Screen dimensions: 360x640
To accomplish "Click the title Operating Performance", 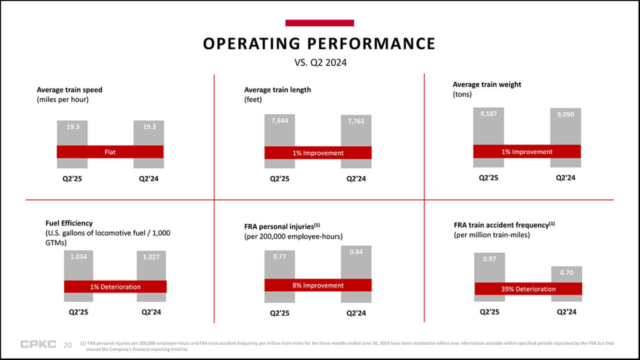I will point(319,44).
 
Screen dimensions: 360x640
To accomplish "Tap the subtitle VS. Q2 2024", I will point(320,62).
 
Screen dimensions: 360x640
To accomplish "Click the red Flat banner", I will point(110,152).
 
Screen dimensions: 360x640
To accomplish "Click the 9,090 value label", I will point(565,114).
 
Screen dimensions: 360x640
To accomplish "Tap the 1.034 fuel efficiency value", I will point(79,256).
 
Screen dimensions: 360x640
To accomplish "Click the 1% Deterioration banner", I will point(116,287).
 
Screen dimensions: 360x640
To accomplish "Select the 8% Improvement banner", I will point(318,286).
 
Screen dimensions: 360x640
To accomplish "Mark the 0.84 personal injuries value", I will point(356,252).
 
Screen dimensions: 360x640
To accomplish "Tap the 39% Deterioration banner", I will point(528,289).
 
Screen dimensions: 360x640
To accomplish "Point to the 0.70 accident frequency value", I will point(566,272).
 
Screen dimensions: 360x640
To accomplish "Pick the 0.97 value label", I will point(489,259).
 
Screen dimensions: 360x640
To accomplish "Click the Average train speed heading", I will point(69,90).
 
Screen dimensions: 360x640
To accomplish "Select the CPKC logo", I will point(38,344).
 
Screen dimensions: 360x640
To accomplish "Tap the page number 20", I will point(68,344).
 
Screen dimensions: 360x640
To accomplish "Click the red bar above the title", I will point(319,23).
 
